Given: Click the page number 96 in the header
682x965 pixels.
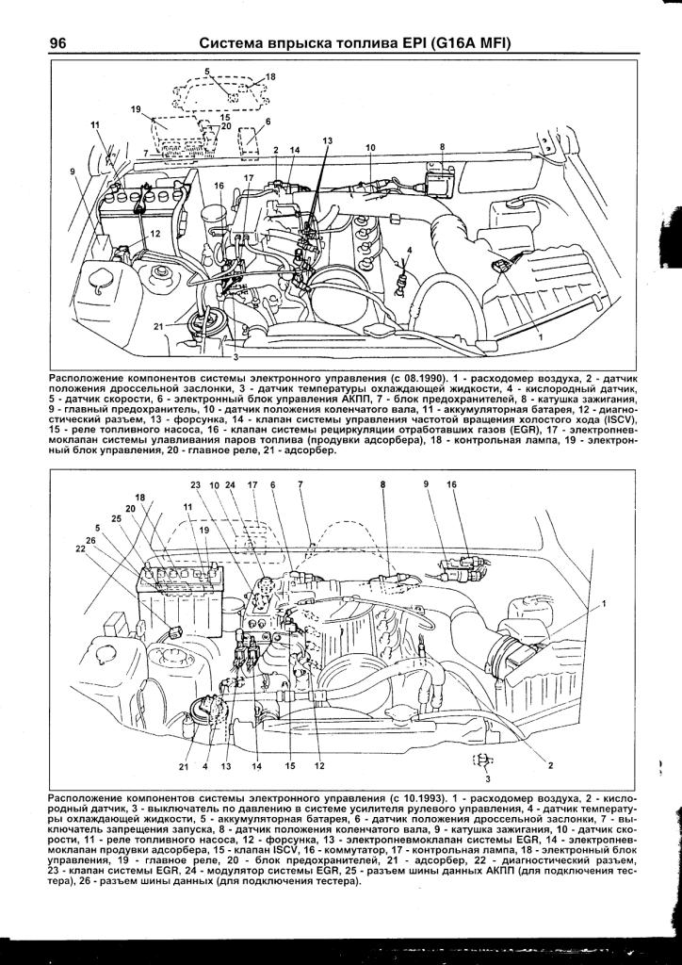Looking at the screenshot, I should (57, 43).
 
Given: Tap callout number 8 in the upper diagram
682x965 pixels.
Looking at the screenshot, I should (441, 148).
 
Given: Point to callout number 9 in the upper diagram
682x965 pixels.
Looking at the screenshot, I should (73, 171).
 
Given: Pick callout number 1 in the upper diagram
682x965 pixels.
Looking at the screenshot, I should (541, 336).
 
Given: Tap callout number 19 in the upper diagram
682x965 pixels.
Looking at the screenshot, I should (136, 110).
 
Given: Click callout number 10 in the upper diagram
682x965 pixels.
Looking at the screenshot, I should (371, 148).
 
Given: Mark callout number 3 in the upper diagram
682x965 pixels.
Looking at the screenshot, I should (236, 358).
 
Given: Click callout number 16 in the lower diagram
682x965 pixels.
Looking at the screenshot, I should (451, 484).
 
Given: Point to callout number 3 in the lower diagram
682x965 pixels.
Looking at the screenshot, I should (488, 779).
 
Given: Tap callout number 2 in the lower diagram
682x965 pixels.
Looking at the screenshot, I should (549, 765).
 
